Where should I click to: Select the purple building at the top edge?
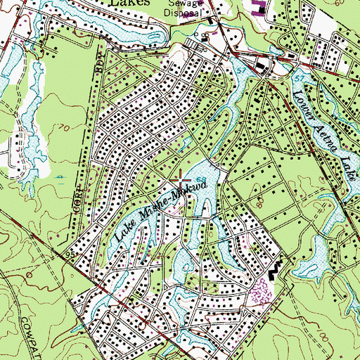pyautogui.click(x=258, y=8)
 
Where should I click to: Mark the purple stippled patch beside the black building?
pyautogui.click(x=262, y=288)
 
